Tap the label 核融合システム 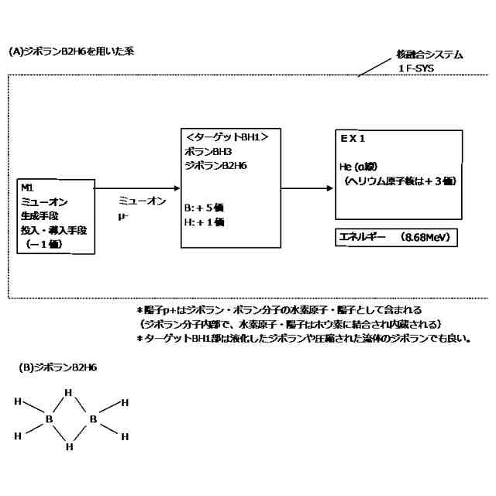(429, 55)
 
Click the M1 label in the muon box (28, 188)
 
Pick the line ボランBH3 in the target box (204, 151)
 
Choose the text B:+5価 (205, 208)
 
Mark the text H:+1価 (205, 222)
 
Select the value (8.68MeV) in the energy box (425, 236)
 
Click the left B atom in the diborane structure (50, 419)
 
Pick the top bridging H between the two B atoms (69, 392)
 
